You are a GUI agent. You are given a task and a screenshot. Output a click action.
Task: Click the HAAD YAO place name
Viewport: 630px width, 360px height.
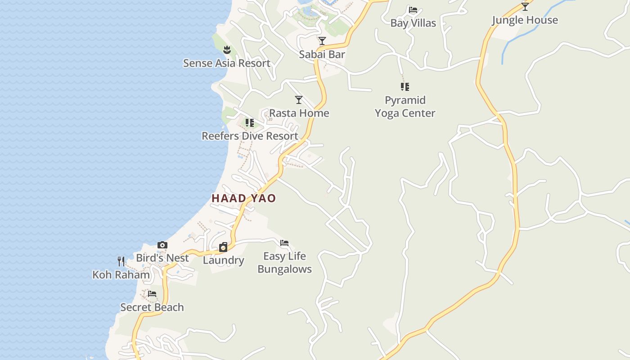point(243,198)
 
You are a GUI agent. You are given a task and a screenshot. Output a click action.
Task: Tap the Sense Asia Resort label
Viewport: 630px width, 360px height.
point(226,63)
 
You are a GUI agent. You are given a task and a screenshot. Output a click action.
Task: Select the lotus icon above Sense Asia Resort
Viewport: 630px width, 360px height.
point(227,49)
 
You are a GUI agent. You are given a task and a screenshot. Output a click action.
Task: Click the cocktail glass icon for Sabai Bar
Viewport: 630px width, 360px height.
point(322,41)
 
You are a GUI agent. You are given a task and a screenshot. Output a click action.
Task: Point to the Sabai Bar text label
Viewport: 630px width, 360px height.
point(322,54)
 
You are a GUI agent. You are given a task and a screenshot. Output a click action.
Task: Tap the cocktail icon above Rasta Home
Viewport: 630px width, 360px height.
point(299,99)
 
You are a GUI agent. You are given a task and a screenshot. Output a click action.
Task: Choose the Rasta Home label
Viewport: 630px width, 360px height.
point(299,113)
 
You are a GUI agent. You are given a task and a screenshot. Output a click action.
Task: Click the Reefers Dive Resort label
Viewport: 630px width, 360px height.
point(250,136)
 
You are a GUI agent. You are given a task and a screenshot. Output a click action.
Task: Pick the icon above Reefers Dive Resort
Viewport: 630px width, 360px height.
point(250,122)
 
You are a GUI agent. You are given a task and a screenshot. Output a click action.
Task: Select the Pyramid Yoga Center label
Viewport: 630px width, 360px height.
point(405,107)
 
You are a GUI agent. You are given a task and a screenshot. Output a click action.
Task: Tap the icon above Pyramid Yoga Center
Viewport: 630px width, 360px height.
point(405,87)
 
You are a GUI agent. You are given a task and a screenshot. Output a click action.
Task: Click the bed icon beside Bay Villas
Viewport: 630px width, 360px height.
point(413,9)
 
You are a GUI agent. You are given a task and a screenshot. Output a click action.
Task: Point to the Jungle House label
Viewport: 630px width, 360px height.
point(525,20)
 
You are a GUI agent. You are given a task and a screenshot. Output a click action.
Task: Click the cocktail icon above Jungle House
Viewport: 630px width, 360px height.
point(525,6)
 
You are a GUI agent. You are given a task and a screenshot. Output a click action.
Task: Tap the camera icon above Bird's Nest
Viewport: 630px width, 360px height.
point(162,245)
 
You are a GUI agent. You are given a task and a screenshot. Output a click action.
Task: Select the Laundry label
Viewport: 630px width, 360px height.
point(223,260)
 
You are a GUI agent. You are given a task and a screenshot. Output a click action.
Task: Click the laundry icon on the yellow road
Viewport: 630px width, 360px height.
point(223,247)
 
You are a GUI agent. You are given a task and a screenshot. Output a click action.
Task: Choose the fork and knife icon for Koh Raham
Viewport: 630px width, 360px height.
point(121,261)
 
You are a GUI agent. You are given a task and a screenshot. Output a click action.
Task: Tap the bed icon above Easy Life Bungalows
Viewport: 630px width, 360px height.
point(284,243)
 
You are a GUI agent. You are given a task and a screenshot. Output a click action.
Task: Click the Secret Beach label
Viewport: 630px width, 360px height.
point(152,307)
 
